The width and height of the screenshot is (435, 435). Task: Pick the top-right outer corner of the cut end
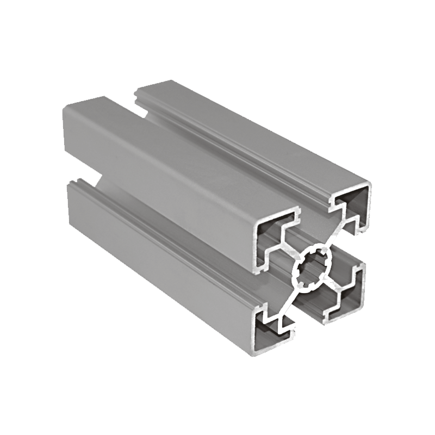(371, 183)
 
